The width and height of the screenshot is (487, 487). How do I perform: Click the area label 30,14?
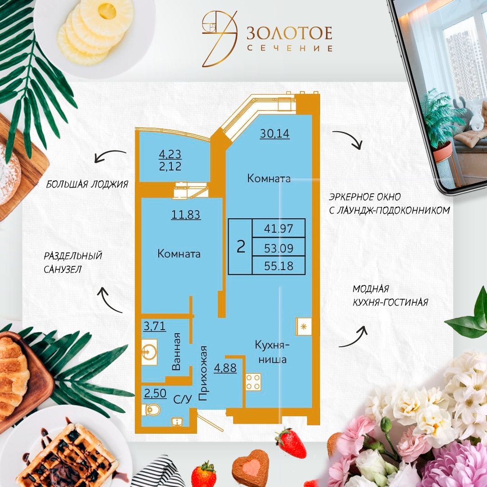(275, 133)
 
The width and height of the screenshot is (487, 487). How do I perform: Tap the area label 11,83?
(186, 215)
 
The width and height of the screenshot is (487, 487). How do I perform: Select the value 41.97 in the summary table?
(279, 229)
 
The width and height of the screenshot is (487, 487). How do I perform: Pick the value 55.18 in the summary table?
(279, 266)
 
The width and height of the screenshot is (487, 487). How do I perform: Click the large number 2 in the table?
(241, 247)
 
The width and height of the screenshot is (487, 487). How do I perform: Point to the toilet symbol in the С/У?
(151, 409)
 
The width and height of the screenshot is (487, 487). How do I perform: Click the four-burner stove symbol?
(253, 382)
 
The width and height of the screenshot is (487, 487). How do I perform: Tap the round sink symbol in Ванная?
(149, 352)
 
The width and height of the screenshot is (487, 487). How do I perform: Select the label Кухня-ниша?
(272, 352)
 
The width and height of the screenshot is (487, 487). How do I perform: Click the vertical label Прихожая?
(202, 373)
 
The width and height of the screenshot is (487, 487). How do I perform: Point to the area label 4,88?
(225, 368)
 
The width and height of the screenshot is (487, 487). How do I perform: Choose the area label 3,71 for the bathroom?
(154, 326)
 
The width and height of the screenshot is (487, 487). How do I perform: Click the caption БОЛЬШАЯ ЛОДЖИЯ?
(87, 184)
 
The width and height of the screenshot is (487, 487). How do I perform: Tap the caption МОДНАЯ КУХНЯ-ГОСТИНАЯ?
(391, 295)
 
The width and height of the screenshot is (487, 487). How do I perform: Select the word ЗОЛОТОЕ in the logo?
(289, 33)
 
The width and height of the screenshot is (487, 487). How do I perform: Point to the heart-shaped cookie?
(250, 467)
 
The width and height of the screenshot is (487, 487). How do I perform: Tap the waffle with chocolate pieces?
(67, 450)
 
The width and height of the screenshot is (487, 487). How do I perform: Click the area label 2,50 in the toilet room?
(155, 393)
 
